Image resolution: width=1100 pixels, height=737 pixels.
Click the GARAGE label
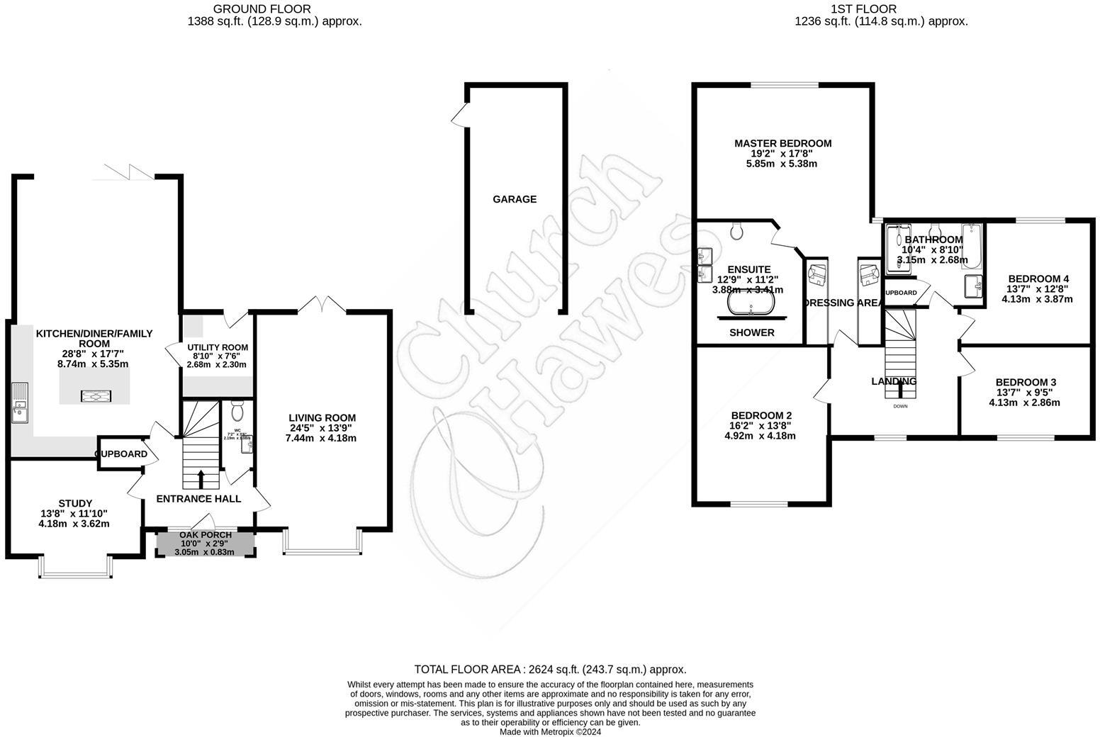coord(515,199)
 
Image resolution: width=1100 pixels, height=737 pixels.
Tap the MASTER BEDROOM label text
coord(782,143)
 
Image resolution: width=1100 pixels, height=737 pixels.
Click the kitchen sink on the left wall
coord(19,403)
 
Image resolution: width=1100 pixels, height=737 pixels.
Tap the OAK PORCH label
coord(206,534)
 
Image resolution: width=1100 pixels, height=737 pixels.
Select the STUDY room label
coord(75,503)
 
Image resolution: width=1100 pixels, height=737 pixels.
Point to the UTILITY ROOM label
coord(218,347)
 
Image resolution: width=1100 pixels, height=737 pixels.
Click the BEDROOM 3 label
coord(1026,382)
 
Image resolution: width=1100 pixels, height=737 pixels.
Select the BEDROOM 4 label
coord(1038,279)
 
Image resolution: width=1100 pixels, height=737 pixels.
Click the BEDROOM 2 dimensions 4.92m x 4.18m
coord(760,436)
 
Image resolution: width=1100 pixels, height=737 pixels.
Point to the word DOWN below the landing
coord(900,406)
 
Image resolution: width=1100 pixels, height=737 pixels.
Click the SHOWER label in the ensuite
coord(752,332)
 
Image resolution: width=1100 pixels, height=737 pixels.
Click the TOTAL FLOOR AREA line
coord(550,669)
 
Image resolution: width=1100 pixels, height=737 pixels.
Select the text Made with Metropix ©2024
coord(550,731)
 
